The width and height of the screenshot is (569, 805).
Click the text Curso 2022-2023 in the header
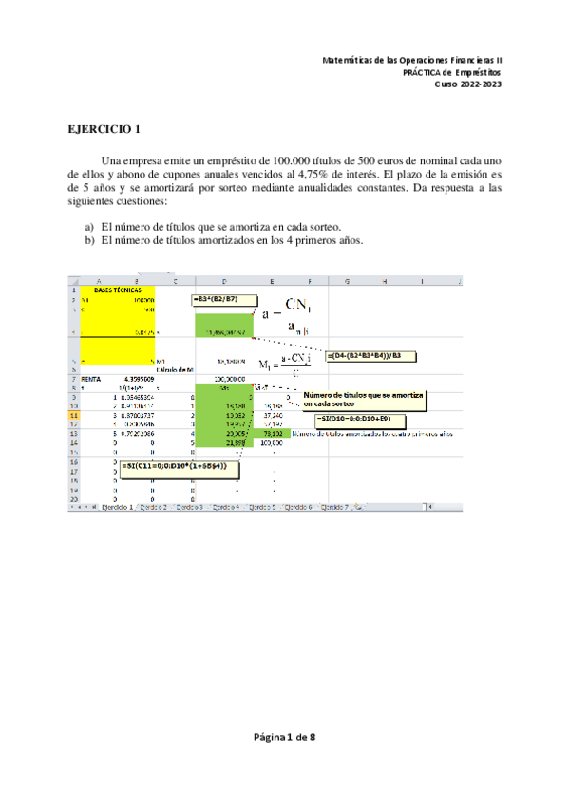[467, 85]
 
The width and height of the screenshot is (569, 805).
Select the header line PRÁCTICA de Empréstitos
[451, 72]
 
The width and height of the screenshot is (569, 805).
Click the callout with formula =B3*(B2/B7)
[220, 300]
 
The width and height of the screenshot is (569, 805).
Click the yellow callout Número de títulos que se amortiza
[363, 400]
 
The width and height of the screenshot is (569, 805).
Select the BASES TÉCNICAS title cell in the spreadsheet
[118, 290]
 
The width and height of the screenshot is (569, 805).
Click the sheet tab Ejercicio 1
[117, 508]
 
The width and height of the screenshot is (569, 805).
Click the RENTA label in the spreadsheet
[90, 378]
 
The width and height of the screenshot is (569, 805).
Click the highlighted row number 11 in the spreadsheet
[73, 415]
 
